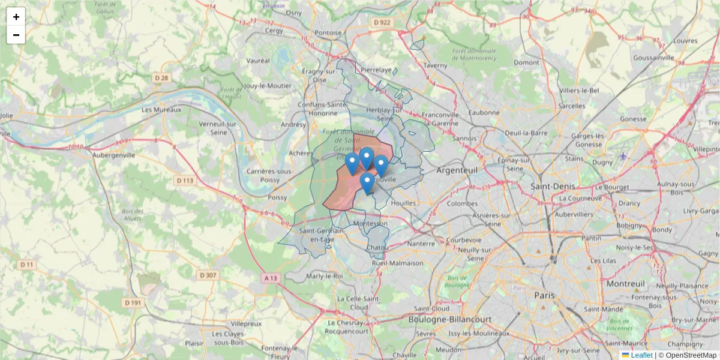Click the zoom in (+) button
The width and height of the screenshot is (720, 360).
[x=16, y=17]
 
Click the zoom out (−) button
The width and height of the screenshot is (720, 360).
[x=16, y=35]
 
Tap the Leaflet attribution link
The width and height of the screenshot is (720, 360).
[x=641, y=355]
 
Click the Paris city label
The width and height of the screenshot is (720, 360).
[x=544, y=295]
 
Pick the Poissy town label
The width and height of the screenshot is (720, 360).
[x=277, y=197]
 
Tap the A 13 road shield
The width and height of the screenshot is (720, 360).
[x=271, y=278]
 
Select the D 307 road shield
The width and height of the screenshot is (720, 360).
[x=207, y=275]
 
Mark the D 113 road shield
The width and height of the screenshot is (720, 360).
[x=185, y=180]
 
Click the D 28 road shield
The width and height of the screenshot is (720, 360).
[x=161, y=77]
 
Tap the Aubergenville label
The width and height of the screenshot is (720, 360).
[x=113, y=154]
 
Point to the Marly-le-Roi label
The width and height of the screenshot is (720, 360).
[x=324, y=276]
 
